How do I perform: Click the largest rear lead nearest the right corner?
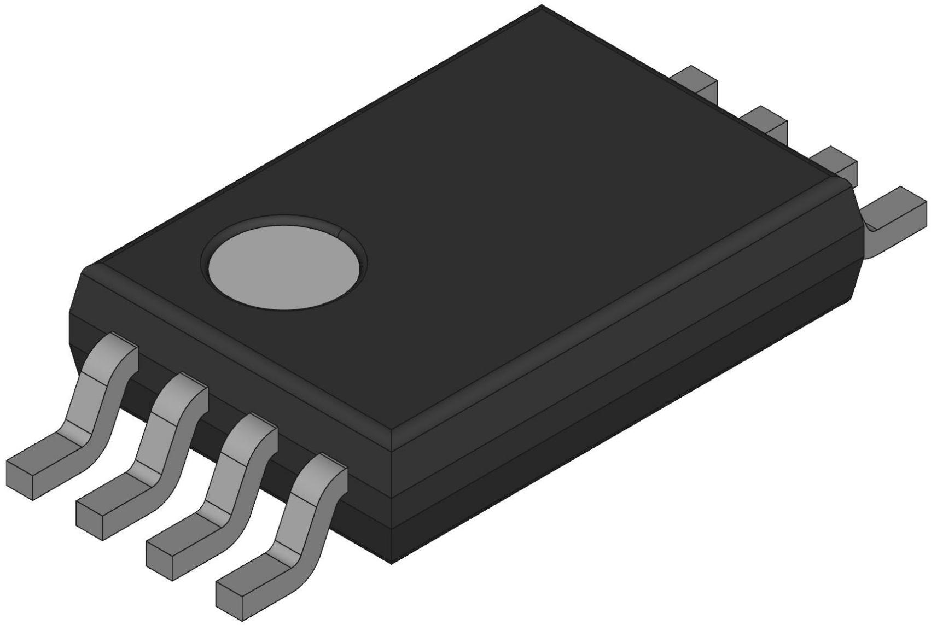pos(897,208)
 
